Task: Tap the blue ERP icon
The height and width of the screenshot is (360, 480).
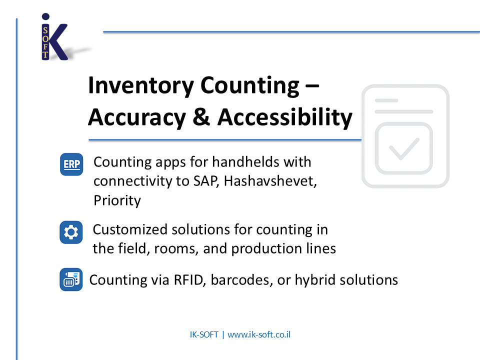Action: [71, 164]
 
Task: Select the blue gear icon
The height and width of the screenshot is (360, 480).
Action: [71, 232]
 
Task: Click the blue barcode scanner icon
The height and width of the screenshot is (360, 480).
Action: [71, 279]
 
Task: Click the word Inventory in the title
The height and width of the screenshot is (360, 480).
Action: [141, 85]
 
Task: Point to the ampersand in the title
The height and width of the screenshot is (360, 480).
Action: [201, 117]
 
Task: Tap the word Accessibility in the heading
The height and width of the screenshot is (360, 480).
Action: [284, 117]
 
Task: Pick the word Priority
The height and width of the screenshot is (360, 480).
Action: [117, 201]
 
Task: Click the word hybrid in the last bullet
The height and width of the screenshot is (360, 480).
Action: [314, 280]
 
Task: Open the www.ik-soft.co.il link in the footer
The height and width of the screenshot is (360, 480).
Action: [259, 334]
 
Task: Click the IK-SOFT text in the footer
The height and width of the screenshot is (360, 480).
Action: [204, 334]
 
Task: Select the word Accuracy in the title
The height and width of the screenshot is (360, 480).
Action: [137, 118]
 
